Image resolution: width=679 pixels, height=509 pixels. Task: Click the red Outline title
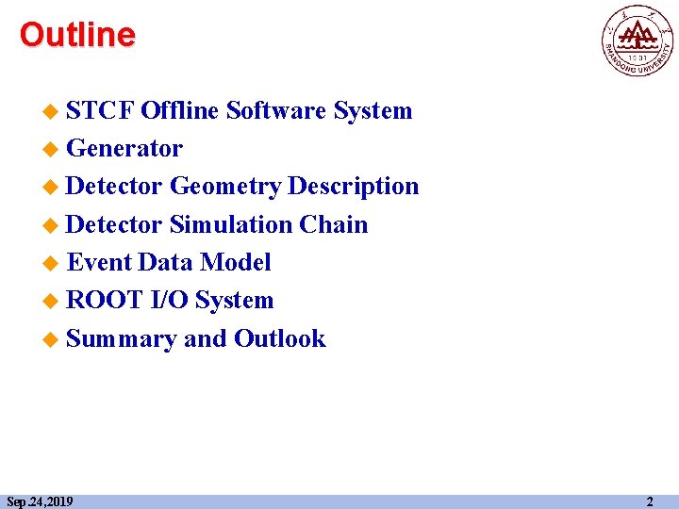77,36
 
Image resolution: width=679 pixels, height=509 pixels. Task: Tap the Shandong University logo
638,40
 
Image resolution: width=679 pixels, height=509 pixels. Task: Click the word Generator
124,149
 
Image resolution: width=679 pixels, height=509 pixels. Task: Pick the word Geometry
225,187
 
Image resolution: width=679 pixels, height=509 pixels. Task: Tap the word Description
354,187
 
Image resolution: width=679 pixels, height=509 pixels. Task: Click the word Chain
334,224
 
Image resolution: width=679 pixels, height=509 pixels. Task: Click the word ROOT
104,301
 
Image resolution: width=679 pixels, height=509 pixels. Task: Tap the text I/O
170,301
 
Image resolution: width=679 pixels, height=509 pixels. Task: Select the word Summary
122,338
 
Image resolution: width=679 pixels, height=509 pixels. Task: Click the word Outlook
279,338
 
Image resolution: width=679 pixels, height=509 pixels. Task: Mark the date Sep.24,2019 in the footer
40,501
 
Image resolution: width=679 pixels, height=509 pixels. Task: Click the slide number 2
649,501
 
